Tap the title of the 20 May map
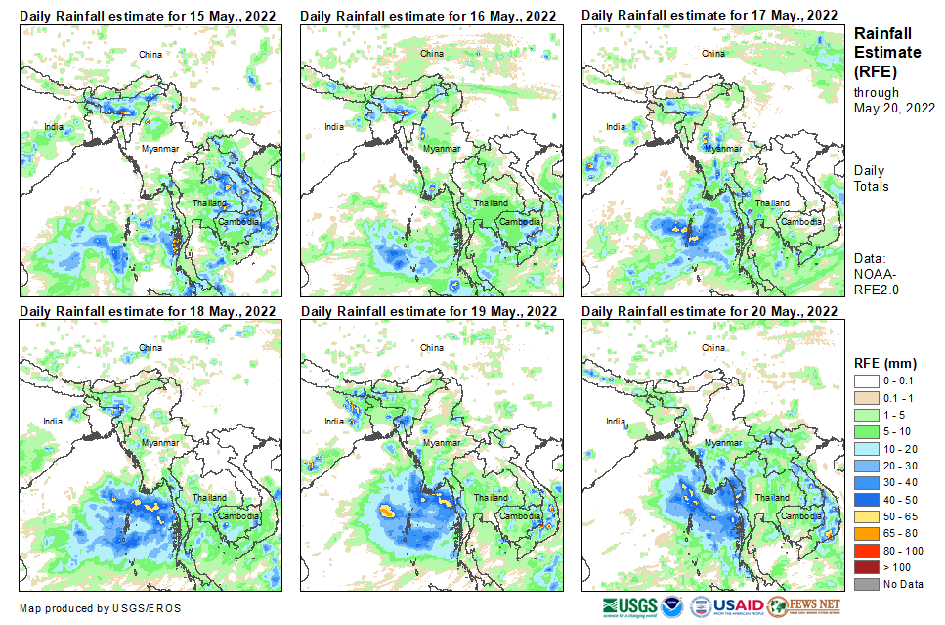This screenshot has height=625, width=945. [709, 311]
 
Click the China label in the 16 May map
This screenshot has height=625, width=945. [431, 53]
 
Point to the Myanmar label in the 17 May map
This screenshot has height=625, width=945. [722, 148]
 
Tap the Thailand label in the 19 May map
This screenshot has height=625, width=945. [490, 498]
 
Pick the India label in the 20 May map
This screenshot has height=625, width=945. [615, 422]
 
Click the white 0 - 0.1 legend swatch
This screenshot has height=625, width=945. [867, 380]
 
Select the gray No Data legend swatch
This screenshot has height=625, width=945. [867, 584]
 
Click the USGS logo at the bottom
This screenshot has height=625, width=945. [630, 606]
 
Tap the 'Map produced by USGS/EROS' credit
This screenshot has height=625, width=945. [99, 608]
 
